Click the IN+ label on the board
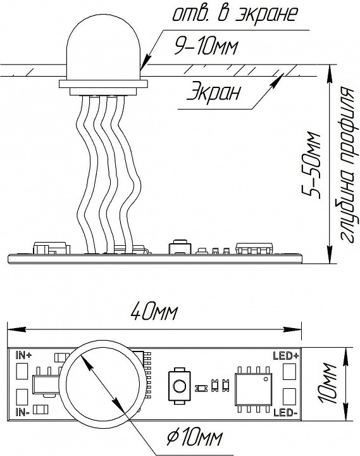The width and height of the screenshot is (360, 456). [x=24, y=355]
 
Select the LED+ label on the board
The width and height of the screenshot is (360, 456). [x=285, y=356]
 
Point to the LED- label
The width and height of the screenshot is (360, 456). [x=285, y=412]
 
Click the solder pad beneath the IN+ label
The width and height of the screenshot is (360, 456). [x=22, y=370]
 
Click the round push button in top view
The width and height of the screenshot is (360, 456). [x=178, y=386]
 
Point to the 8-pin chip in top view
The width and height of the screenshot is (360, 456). [x=253, y=389]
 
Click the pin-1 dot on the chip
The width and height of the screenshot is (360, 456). [x=265, y=379]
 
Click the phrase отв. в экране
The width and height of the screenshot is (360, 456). [x=235, y=13]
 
